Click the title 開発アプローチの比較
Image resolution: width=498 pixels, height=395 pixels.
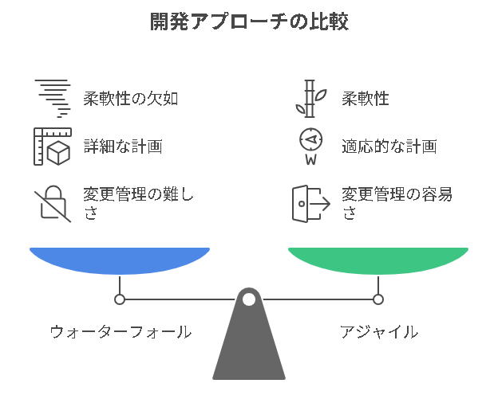pos(249,22)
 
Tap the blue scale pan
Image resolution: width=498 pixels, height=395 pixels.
pos(120,260)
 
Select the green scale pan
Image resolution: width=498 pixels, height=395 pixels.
pos(378,260)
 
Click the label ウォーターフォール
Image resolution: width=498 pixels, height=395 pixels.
pos(120,332)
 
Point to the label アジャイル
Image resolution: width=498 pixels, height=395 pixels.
pos(378,332)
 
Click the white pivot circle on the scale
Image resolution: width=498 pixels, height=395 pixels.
pos(249,299)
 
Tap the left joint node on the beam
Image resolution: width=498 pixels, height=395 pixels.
pos(120,299)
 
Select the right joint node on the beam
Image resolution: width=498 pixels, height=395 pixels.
pos(378,299)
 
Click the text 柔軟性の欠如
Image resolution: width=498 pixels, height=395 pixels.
pos(130,99)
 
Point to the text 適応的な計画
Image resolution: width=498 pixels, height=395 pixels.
pos(389,147)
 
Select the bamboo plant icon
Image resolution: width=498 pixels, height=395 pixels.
pos(310,99)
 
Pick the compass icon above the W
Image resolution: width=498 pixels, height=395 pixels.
pos(310,139)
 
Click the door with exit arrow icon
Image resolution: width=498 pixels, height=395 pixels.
pos(310,204)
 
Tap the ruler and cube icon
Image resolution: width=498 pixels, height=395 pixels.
pos(52,147)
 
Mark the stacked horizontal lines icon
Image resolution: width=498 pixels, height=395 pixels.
pos(53,97)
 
